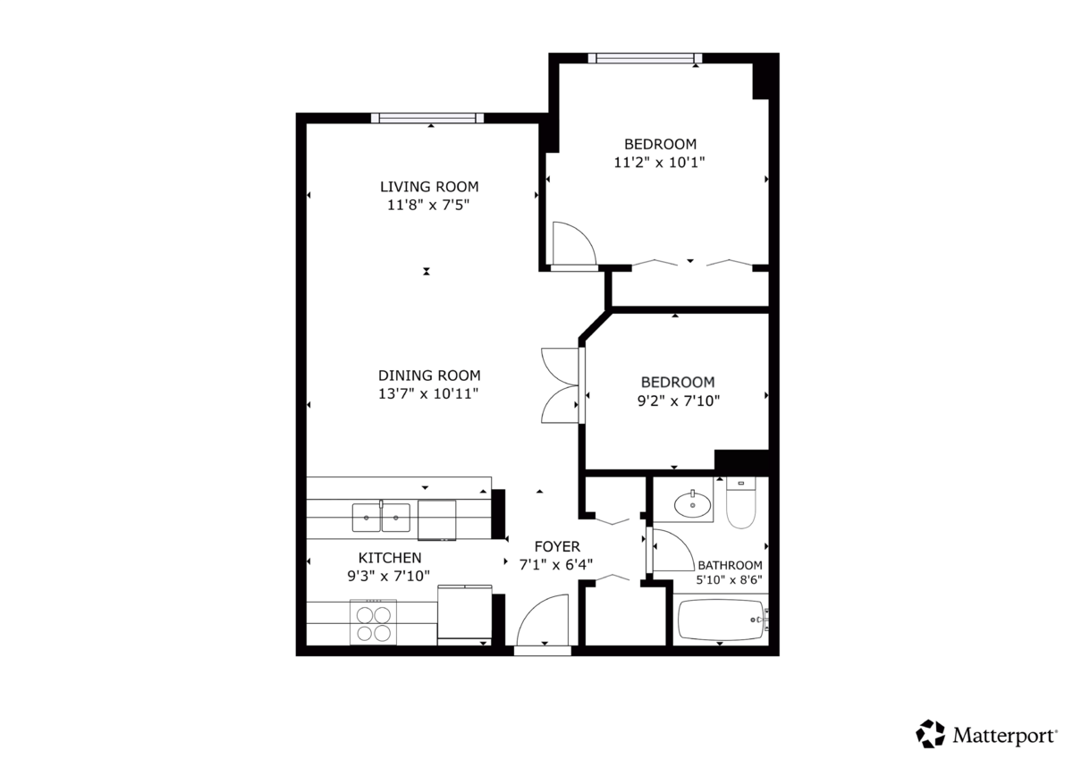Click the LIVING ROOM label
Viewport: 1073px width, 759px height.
(x=429, y=187)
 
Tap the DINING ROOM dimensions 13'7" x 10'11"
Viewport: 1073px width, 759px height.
(x=429, y=393)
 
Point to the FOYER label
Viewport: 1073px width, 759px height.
(x=557, y=546)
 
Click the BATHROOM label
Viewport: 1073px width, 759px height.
(x=730, y=565)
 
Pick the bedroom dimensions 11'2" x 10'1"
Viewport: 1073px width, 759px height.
(x=660, y=163)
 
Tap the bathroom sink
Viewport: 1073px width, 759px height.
(x=691, y=504)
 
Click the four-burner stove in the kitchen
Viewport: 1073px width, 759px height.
(x=374, y=623)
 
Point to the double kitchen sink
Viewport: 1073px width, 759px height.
(x=381, y=517)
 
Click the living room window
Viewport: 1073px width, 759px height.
(x=428, y=117)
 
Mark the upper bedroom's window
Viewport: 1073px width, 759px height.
(x=645, y=59)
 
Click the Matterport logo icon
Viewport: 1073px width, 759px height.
(x=930, y=734)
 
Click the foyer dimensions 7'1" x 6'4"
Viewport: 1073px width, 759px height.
(x=557, y=564)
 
